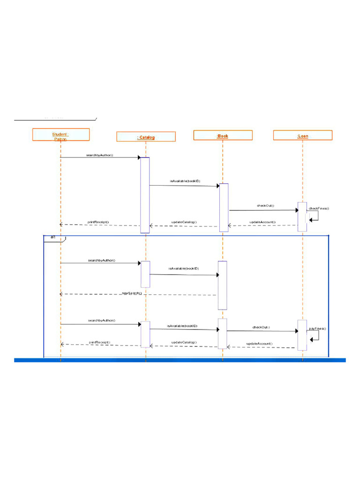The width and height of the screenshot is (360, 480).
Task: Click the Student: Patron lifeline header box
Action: [x=60, y=135]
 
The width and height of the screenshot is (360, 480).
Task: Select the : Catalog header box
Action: [x=146, y=137]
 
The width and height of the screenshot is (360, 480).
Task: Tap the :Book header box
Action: [x=223, y=135]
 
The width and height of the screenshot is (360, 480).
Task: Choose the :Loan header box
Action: [x=302, y=135]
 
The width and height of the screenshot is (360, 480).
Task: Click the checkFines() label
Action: [x=319, y=208]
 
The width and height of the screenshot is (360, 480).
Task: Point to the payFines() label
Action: [x=317, y=329]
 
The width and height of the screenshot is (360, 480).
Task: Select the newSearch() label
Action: [x=132, y=292]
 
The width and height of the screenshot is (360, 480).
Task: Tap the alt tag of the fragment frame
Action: [x=53, y=238]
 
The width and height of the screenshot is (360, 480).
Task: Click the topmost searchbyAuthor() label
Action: [x=99, y=155]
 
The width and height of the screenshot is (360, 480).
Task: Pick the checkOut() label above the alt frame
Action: [x=265, y=205]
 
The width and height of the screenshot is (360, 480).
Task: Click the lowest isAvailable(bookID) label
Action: [x=182, y=325]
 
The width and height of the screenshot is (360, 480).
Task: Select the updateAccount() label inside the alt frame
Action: [x=260, y=344]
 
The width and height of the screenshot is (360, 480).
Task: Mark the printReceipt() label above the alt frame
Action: [x=98, y=222]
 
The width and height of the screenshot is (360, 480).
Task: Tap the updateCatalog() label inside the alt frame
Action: [x=184, y=342]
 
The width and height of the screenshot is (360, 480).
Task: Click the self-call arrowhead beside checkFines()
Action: [x=310, y=220]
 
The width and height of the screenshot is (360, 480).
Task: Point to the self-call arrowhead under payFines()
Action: [x=311, y=339]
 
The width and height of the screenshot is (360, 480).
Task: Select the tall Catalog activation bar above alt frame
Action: [x=145, y=195]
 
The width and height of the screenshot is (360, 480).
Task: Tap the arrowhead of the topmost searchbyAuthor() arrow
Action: [x=138, y=157]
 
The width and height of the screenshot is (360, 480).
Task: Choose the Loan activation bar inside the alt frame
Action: [x=302, y=335]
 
